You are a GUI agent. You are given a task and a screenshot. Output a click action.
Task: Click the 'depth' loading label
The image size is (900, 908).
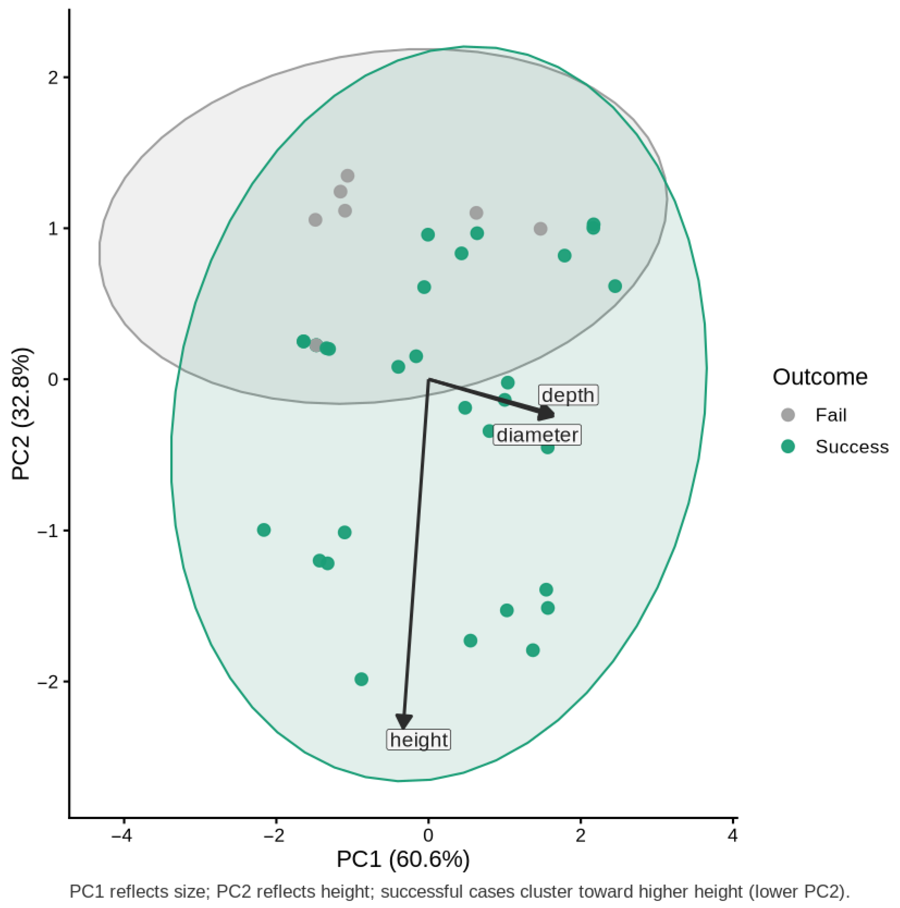(x=568, y=395)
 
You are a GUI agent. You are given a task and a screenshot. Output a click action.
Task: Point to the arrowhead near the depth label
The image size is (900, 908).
(x=548, y=414)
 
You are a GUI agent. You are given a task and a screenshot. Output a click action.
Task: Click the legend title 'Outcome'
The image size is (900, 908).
(x=820, y=377)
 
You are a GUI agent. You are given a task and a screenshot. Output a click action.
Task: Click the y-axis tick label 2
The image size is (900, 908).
(x=53, y=77)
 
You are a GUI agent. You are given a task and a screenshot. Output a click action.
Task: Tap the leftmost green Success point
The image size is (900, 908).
(x=264, y=530)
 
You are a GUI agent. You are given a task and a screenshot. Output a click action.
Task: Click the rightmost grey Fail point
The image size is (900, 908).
(x=540, y=229)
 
